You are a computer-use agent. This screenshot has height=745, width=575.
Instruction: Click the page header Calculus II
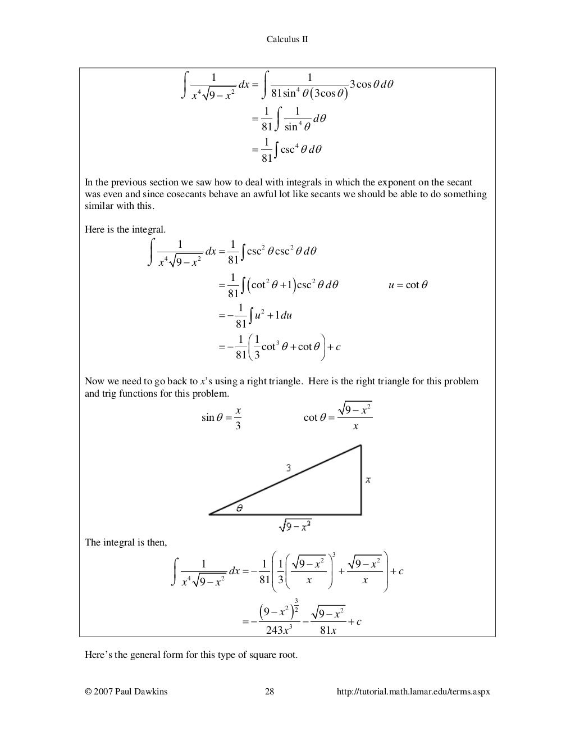tap(286, 39)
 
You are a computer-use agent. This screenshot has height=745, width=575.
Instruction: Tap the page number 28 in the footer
tap(269, 692)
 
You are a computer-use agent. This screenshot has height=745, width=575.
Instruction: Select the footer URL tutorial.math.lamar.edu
tap(413, 692)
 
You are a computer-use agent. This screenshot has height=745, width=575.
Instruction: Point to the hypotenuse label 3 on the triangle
tap(289, 467)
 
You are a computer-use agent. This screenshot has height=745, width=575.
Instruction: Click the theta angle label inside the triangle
tap(239, 508)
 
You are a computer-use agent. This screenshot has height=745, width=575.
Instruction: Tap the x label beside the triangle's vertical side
tap(368, 479)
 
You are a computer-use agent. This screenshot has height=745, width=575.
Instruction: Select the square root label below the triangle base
tap(295, 526)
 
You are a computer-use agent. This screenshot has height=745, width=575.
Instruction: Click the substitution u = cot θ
tap(408, 285)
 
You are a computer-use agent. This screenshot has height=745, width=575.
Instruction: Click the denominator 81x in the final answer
tap(328, 630)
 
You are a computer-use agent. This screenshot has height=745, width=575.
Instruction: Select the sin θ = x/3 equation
tap(222, 417)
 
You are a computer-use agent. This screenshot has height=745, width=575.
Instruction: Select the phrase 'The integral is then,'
tap(126, 542)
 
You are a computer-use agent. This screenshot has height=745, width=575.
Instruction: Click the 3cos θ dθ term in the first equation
tap(371, 84)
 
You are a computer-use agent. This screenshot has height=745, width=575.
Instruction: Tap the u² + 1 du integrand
tap(273, 315)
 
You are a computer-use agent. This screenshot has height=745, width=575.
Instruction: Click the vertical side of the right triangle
tap(360, 479)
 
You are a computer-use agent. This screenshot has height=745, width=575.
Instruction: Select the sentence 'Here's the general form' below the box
tap(191, 655)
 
